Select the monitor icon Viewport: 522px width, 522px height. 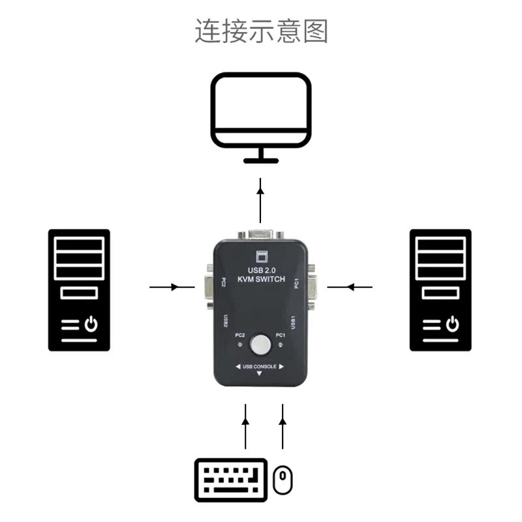261,111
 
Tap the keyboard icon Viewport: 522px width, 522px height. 231,480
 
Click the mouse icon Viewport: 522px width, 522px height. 283,480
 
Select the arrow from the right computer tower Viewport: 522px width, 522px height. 350,287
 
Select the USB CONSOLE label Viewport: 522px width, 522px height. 259,367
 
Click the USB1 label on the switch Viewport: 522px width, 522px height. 294,322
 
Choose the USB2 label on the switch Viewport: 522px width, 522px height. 225,322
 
